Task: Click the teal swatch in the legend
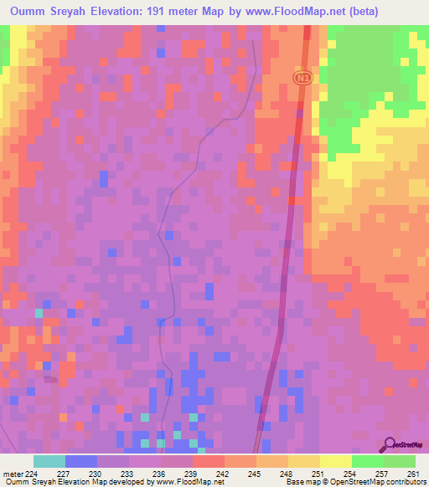(x=49, y=461)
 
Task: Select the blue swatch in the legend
(x=81, y=461)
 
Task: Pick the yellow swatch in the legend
(x=336, y=461)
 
